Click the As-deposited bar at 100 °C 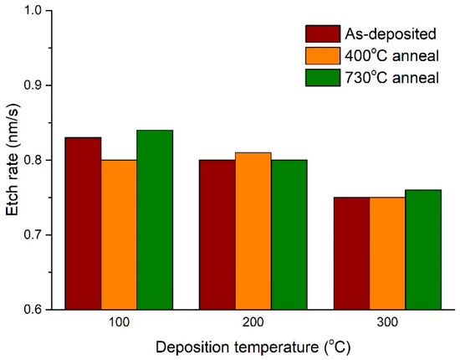point(83,223)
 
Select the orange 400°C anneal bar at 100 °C point(119,234)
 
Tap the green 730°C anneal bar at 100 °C point(155,219)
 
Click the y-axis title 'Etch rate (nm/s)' point(13,160)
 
